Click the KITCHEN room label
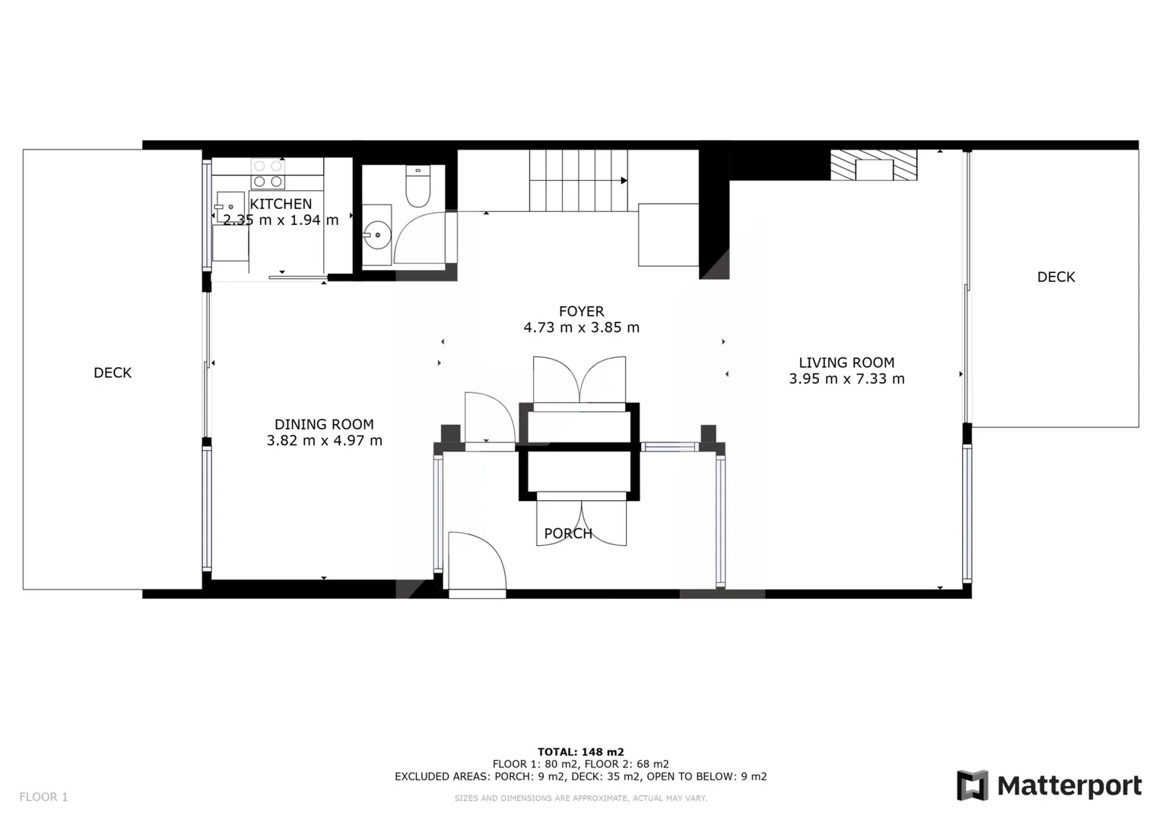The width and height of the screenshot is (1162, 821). [x=281, y=204]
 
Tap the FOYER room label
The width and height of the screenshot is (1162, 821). [x=581, y=311]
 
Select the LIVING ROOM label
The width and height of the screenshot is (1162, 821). [x=846, y=363]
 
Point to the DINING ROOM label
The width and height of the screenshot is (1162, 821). [x=324, y=424]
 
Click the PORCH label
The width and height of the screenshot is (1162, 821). [x=568, y=533]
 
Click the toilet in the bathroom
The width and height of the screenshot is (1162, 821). [x=417, y=186]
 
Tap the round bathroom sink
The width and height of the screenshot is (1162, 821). [x=376, y=235]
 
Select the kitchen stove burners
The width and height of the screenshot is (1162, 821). [x=268, y=174]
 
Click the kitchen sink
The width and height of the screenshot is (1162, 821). [x=230, y=207]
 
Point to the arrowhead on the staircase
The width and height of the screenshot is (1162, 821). [x=624, y=180]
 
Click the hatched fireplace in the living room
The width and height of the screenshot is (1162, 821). [x=874, y=165]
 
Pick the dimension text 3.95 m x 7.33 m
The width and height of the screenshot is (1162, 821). [x=846, y=379]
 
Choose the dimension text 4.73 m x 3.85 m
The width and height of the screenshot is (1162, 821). [x=581, y=327]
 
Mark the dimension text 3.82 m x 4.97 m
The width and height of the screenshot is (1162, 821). [x=324, y=440]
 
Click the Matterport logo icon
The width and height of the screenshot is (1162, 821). [x=972, y=785]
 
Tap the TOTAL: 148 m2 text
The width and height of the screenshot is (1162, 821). [x=580, y=752]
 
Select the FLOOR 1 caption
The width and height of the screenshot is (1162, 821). [x=43, y=797]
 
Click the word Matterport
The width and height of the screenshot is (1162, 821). [x=1069, y=786]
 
